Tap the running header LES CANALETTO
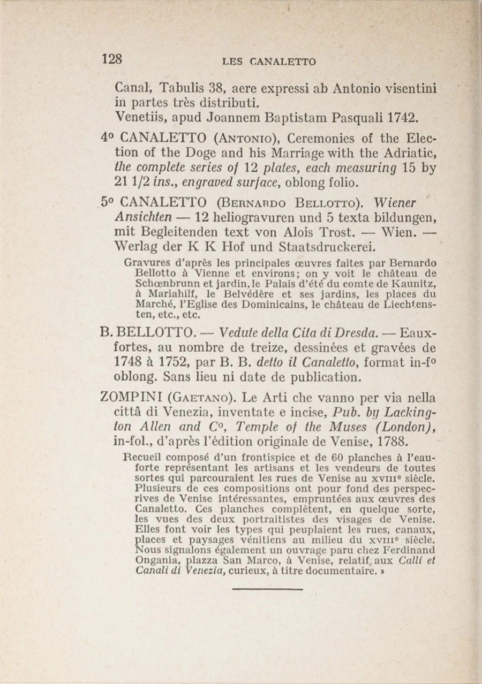(269, 62)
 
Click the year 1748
(127, 362)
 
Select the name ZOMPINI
(131, 398)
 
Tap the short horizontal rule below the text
(268, 589)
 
